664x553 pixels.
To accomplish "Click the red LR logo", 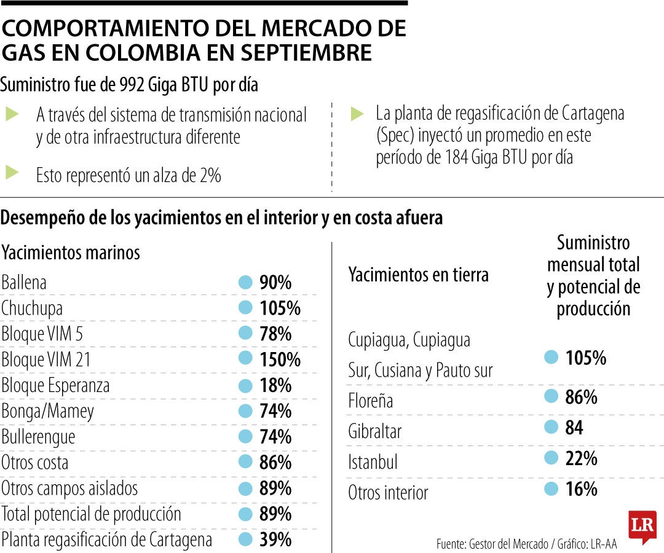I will click(642, 527).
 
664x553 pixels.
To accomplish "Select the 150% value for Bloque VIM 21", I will click(279, 359).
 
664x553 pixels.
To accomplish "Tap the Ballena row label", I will click(24, 283).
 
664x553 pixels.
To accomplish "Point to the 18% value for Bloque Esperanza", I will click(275, 385).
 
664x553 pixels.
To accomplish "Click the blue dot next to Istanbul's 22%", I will click(551, 458).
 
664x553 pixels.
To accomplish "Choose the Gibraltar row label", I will click(374, 431).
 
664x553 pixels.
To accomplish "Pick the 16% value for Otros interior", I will click(581, 489).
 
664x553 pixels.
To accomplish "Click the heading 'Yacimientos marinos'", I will click(71, 252).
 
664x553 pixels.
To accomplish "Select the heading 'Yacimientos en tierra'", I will click(418, 274).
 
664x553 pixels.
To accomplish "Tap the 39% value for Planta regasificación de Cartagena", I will click(275, 539).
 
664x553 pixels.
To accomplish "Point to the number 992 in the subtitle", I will click(131, 85).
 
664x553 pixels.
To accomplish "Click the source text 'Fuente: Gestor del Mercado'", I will click(492, 544).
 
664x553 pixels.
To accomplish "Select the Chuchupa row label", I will click(32, 308).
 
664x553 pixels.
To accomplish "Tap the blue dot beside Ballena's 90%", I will click(245, 282).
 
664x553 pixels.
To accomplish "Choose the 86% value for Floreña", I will click(581, 397).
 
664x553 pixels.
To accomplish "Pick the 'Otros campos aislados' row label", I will click(69, 488).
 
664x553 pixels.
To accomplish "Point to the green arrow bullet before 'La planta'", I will click(357, 113).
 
